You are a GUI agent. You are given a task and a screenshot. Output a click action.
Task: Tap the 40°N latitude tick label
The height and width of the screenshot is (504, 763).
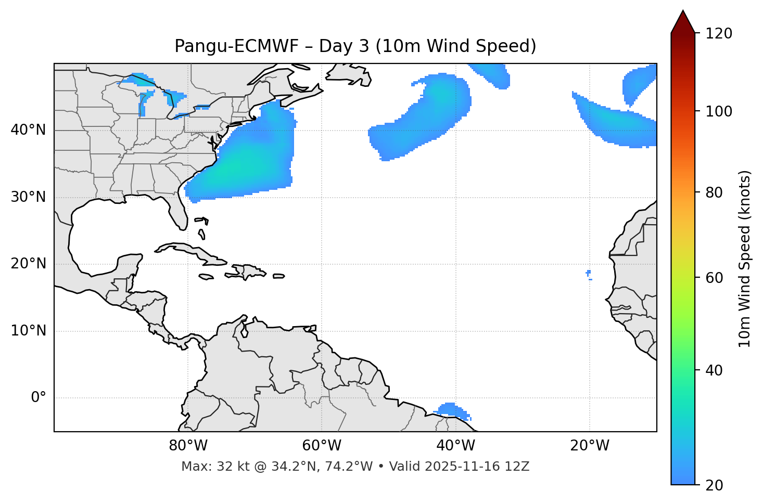28,130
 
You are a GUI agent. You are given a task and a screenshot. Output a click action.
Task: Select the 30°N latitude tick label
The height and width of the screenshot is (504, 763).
28,197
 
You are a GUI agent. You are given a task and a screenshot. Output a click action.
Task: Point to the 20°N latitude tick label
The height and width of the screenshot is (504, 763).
28,264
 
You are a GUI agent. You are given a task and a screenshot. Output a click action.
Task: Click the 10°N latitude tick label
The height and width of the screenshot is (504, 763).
28,331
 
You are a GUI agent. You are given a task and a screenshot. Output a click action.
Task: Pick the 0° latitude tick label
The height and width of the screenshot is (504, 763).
39,397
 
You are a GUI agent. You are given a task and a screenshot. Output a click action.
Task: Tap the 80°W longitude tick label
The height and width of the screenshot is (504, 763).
188,446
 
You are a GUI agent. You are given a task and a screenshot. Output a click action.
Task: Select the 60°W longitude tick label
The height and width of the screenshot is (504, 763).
322,446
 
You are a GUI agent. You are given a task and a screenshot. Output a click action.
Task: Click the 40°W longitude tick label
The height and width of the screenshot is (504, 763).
455,446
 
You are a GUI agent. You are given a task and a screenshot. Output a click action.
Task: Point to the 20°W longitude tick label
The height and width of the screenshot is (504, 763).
589,446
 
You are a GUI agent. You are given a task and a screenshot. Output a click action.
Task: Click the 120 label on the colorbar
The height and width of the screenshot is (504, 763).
719,34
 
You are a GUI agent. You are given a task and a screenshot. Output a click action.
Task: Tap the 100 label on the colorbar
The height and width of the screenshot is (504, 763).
719,111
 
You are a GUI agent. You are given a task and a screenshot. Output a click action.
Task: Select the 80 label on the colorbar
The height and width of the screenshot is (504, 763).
715,192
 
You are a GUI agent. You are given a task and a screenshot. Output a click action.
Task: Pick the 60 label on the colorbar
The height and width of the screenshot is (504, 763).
715,278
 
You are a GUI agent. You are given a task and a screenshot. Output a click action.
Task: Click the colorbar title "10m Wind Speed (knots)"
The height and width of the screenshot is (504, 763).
745,259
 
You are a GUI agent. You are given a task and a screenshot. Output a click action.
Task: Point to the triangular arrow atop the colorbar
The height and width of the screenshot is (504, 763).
683,22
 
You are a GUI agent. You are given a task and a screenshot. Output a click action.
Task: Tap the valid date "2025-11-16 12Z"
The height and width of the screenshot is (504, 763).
477,467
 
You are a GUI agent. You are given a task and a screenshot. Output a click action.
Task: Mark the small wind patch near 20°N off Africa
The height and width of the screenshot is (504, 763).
589,273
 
